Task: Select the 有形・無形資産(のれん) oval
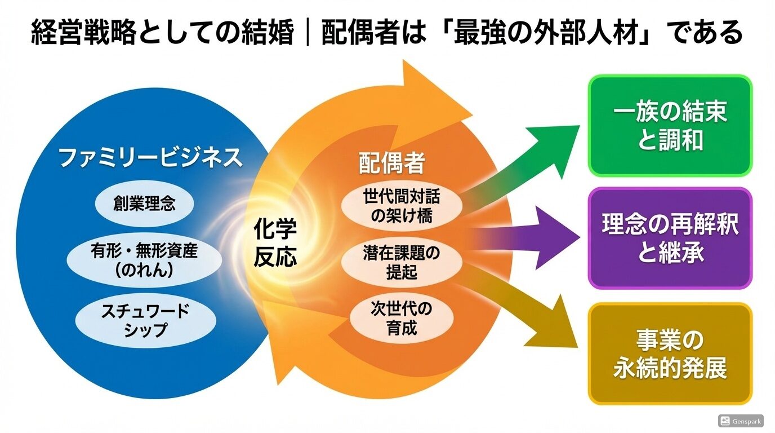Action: coord(144,259)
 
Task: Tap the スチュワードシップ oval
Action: coord(145,320)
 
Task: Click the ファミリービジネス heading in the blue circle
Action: coord(150,158)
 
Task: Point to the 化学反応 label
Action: coord(275,243)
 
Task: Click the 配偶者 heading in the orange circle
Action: coord(391,164)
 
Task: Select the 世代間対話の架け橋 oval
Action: coord(402,206)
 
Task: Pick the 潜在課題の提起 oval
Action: coord(402,262)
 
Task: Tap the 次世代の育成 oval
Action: coord(402,318)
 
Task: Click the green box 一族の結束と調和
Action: coord(670,126)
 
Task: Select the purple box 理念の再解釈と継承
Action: coord(670,238)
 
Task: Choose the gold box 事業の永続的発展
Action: coord(670,354)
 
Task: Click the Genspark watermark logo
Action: coord(725,421)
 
